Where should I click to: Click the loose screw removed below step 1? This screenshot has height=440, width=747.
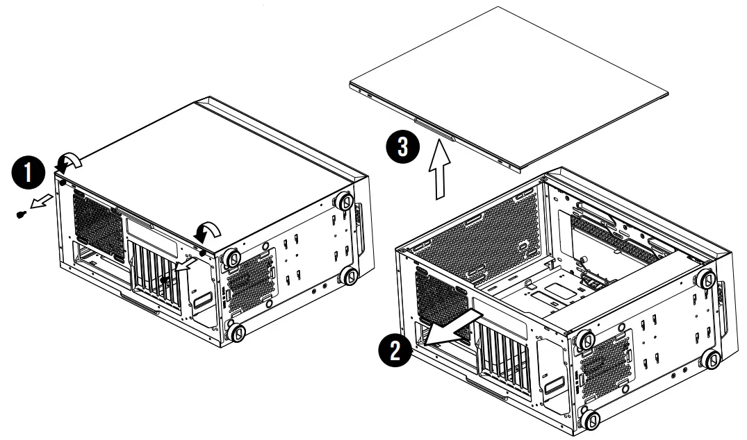pyautogui.click(x=21, y=213)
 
